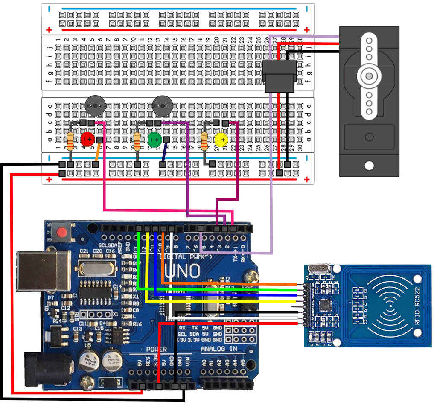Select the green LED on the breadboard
click(x=154, y=139)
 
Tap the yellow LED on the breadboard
click(x=221, y=140)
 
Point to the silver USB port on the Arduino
click(x=43, y=271)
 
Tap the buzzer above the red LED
click(x=95, y=105)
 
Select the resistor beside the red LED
click(x=71, y=141)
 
